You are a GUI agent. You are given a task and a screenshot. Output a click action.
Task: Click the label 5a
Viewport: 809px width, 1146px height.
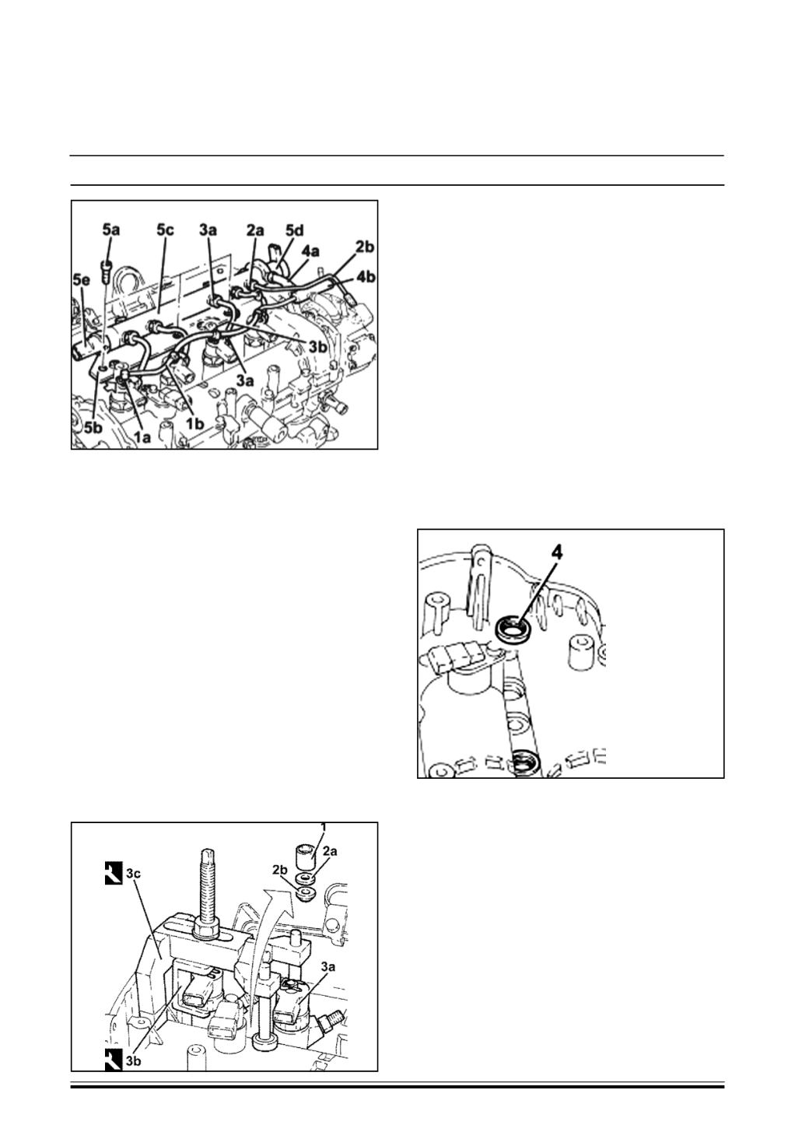click(x=110, y=230)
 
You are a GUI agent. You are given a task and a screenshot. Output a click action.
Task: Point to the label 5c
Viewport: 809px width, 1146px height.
click(x=165, y=230)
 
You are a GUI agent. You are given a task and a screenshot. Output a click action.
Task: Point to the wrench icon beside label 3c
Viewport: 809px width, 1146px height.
click(x=112, y=876)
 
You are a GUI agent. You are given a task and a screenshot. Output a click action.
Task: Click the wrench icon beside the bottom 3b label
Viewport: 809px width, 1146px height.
click(x=112, y=1057)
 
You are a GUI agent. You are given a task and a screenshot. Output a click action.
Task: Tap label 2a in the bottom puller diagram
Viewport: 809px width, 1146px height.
click(x=330, y=853)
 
